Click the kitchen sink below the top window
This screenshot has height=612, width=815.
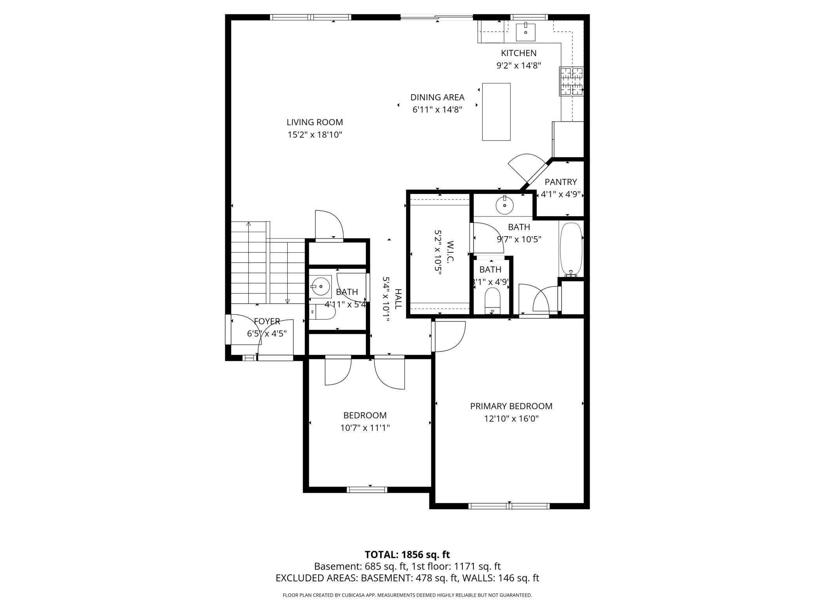point(525,32)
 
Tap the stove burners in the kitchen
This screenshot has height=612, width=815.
point(571,82)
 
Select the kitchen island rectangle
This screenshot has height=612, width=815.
point(496,112)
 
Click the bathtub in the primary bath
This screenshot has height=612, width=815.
point(571,250)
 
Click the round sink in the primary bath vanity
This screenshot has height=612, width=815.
point(505,205)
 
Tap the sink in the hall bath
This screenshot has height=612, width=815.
point(321,286)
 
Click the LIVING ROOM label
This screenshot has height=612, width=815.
point(315,122)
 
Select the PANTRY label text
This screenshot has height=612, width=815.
point(561,182)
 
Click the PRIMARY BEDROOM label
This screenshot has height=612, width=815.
point(511,406)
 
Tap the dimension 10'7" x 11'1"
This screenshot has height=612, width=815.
point(365,428)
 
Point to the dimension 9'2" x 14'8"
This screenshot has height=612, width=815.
point(519,66)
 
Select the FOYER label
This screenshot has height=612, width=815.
point(267,321)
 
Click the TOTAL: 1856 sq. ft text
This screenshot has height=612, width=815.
point(407,555)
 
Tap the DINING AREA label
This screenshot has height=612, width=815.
point(437,97)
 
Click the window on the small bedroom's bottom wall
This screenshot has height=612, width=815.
point(367,490)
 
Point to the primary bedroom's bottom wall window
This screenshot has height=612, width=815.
point(509,506)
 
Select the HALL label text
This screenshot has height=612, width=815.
point(398,299)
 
